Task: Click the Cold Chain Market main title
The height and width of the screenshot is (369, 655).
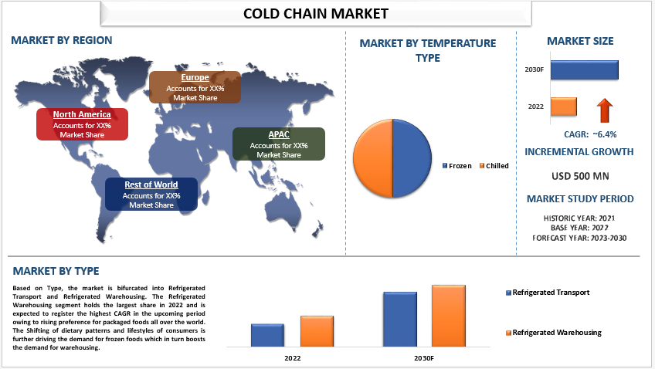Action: coord(316,14)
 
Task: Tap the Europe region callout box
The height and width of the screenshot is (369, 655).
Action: coord(195,87)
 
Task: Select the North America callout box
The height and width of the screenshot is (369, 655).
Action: coord(83,124)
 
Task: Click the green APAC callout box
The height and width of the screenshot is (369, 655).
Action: coord(279,144)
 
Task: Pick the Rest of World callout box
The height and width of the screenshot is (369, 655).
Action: coord(151,194)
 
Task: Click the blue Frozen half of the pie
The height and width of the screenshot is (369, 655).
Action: coord(412,158)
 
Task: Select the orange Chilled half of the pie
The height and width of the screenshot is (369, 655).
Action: coord(373,158)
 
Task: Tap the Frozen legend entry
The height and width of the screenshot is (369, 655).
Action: coord(457,166)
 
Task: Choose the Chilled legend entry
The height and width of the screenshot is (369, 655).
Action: coord(494,166)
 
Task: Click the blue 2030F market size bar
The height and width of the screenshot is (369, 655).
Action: coord(585,69)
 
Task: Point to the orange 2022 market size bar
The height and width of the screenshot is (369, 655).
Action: coord(564,107)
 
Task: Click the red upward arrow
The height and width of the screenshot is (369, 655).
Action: coord(605,110)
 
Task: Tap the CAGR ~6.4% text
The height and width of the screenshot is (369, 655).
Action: coord(590,134)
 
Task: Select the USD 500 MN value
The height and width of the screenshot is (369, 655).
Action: coord(580,176)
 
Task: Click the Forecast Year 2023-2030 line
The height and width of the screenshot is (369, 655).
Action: coord(579,238)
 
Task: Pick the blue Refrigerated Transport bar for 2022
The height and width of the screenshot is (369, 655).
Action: coord(267,335)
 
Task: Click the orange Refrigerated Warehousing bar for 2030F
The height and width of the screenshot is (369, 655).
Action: coord(449,316)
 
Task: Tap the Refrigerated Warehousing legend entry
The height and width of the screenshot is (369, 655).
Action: coord(554,333)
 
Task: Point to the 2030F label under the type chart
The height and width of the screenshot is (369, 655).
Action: coord(424,358)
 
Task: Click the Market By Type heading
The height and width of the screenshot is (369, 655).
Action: coord(56,271)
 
